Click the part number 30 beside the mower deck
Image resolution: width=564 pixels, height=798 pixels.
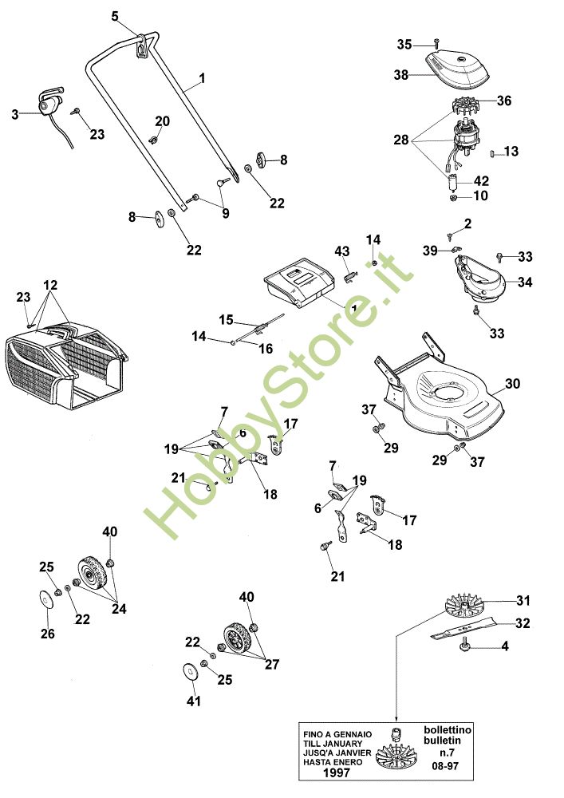512,384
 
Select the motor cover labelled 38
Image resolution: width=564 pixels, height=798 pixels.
458,68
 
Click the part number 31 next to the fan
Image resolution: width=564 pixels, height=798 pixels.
523,601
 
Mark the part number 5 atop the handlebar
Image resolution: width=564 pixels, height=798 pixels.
115,16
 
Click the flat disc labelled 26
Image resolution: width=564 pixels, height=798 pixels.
47,599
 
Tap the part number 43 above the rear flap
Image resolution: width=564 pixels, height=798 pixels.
342,251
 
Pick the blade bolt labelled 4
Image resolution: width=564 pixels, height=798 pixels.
463,646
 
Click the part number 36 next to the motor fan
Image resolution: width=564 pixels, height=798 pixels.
504,101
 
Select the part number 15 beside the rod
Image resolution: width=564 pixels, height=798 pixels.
227,320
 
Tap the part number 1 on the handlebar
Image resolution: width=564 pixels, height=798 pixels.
202,78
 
